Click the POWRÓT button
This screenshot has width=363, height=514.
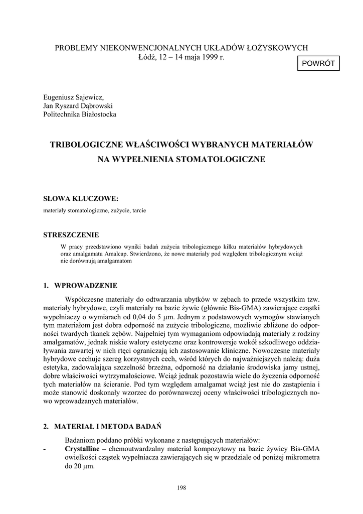click(x=319, y=64)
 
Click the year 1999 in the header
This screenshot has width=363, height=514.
click(x=207, y=57)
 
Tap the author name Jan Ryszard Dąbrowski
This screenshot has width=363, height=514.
click(x=78, y=105)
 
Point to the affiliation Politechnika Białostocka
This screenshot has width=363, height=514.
click(x=79, y=114)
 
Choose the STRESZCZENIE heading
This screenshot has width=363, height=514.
click(x=71, y=235)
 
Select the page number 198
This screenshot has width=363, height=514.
click(x=181, y=487)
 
